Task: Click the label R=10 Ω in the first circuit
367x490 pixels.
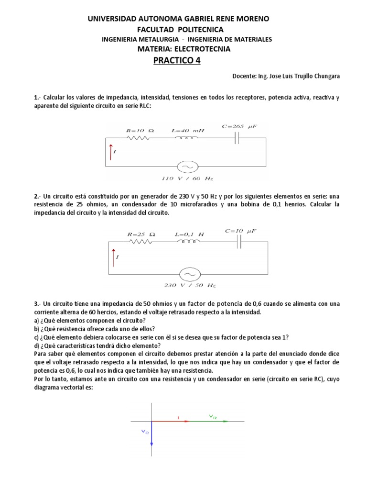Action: click(x=140, y=130)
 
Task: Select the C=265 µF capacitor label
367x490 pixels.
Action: click(x=239, y=126)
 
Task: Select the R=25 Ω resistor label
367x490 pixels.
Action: click(x=141, y=234)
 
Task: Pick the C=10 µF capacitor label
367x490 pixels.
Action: click(x=240, y=231)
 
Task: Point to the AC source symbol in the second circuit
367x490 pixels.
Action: click(x=188, y=274)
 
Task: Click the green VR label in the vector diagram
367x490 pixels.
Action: click(x=213, y=417)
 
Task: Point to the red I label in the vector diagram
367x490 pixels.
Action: click(x=178, y=418)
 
